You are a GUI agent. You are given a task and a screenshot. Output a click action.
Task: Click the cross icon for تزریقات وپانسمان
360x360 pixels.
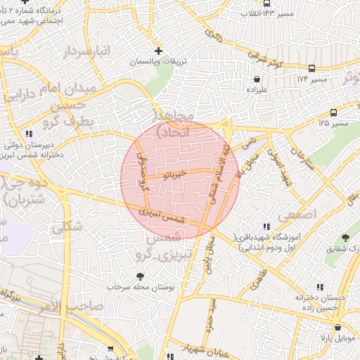[x=158, y=51]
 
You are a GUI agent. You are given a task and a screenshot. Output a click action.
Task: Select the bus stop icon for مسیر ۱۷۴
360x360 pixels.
[x=311, y=68]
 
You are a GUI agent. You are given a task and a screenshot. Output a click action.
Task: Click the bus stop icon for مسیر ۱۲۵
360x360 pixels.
[x=333, y=112]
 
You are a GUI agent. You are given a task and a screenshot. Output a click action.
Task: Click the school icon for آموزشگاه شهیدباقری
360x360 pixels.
[x=265, y=226]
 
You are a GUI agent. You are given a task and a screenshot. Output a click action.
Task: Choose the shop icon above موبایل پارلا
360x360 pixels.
[x=338, y=327]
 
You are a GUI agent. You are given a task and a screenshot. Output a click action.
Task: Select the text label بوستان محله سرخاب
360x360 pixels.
[x=140, y=287]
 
